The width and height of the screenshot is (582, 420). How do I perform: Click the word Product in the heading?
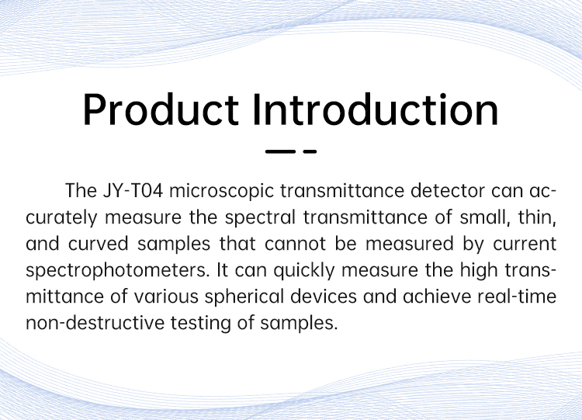pyautogui.click(x=161, y=109)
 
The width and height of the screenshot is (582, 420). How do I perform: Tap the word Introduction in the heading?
pyautogui.click(x=376, y=109)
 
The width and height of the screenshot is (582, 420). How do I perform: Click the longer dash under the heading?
pyautogui.click(x=280, y=151)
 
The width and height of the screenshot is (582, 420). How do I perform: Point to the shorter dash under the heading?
pyautogui.click(x=310, y=151)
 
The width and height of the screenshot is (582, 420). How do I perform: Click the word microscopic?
pyautogui.click(x=222, y=192)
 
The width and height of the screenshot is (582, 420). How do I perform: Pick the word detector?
pyautogui.click(x=448, y=191)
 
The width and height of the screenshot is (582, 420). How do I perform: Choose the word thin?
pyautogui.click(x=537, y=217)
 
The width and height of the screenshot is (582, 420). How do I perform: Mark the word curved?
pyautogui.click(x=99, y=244)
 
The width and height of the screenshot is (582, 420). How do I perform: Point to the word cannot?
pyautogui.click(x=295, y=244)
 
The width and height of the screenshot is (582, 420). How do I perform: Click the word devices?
pyautogui.click(x=324, y=297)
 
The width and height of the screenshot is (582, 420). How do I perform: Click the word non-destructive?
pyautogui.click(x=95, y=323)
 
